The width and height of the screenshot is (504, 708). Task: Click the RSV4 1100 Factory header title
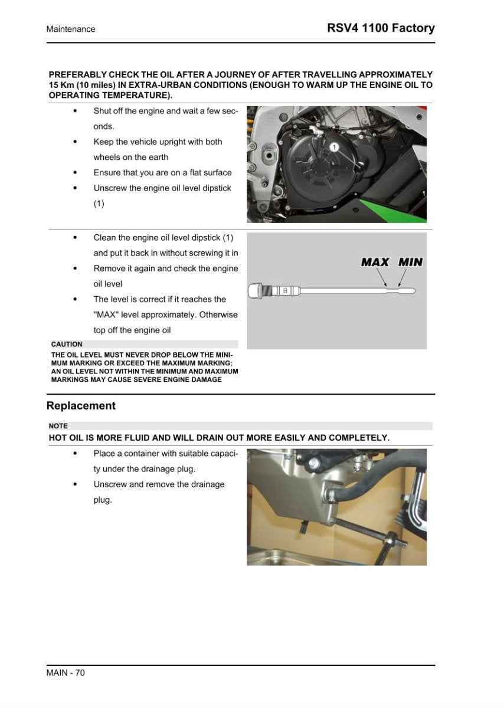click(x=381, y=28)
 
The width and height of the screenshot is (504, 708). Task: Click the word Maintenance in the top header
click(x=71, y=29)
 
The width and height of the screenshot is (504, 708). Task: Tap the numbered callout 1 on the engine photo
click(x=333, y=146)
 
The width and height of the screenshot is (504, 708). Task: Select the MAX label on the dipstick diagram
click(x=375, y=261)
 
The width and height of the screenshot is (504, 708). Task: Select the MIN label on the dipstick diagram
click(x=410, y=261)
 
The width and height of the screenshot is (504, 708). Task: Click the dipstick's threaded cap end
click(x=256, y=290)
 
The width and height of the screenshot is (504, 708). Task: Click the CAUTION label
click(x=67, y=344)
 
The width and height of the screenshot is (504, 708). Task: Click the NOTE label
click(x=59, y=426)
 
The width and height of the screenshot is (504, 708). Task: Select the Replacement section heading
click(x=81, y=406)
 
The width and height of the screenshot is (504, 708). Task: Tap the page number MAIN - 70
click(x=66, y=673)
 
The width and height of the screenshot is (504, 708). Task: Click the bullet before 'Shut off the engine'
click(x=74, y=111)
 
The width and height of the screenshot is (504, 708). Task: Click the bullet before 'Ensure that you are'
click(x=74, y=173)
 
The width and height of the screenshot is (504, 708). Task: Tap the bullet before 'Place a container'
click(x=74, y=454)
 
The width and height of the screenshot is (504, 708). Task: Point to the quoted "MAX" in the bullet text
click(x=106, y=314)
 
